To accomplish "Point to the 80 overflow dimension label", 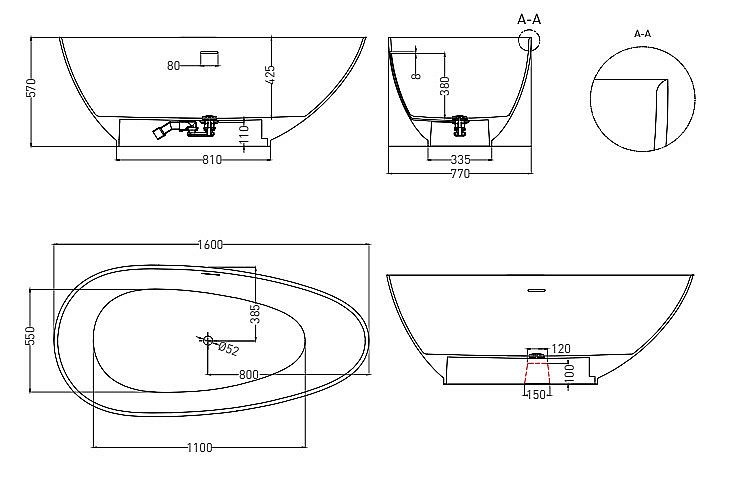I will coord(173,66).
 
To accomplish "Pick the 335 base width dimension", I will coord(460,158).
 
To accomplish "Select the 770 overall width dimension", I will coord(459,173).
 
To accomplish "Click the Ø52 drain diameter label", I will coord(228,348).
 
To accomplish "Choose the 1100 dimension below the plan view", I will coord(199,447).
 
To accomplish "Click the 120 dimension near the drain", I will coord(560,348).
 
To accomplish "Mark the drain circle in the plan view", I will coord(208,341).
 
